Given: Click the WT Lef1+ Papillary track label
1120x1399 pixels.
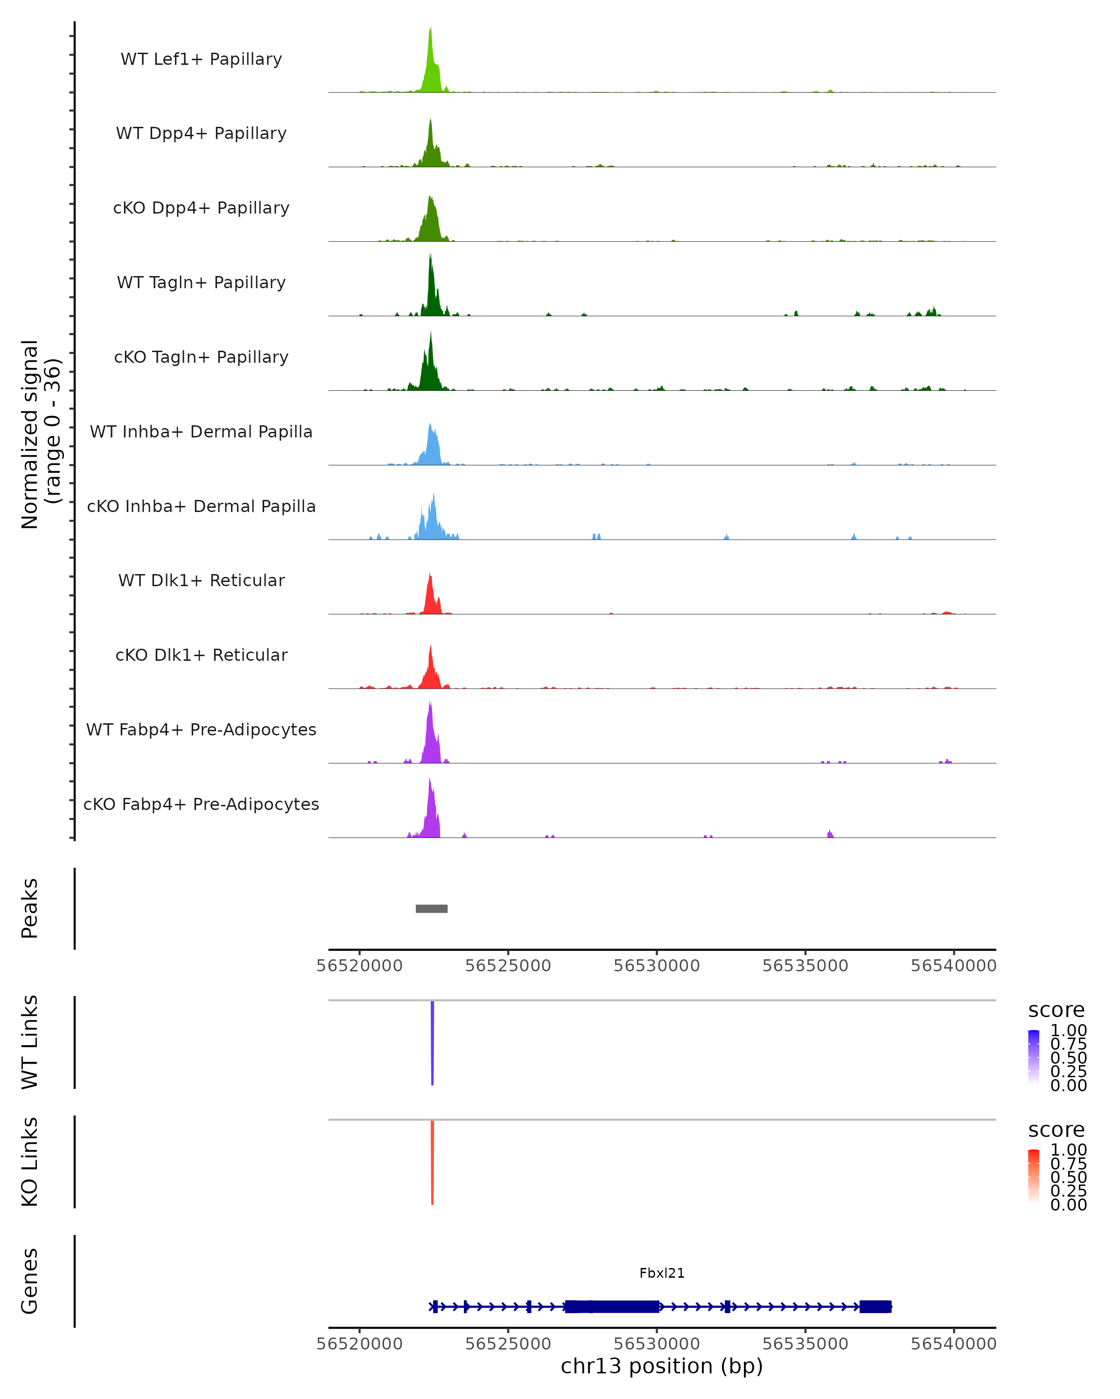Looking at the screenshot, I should point(201,59).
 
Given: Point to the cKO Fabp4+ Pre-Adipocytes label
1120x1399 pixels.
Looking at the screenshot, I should point(201,804).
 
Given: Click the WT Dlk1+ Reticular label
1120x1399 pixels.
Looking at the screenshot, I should point(201,580).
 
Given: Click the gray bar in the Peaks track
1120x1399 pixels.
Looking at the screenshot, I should point(432,908).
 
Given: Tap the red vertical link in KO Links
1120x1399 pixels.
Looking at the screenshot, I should point(433,1162).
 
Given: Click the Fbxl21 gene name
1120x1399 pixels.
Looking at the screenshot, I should point(662,1273).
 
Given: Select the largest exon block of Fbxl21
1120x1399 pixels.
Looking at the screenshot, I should point(612,1306).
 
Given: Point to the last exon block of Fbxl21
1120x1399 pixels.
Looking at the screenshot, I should point(875,1306).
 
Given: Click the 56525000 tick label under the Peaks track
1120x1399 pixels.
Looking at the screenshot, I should point(508,966).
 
